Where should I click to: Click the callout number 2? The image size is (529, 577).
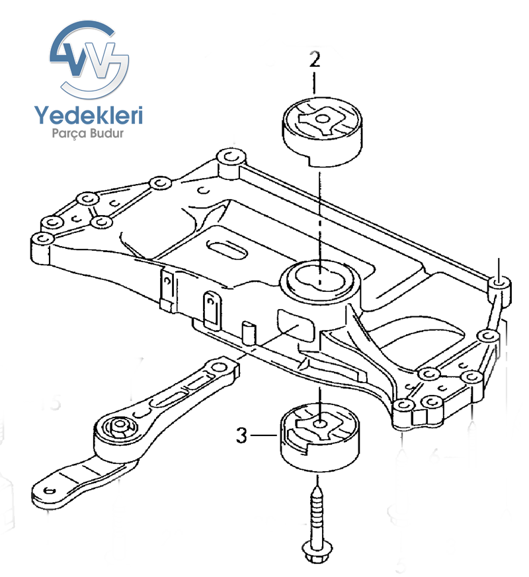[x=315, y=60]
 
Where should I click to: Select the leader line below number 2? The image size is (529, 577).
[x=315, y=83]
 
